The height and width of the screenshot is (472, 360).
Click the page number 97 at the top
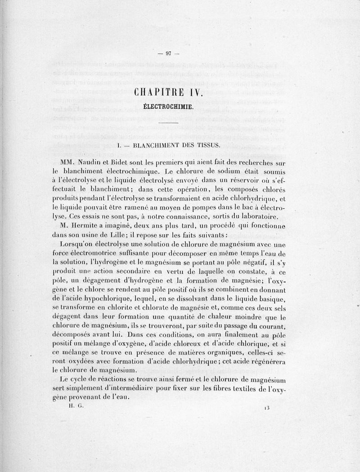point(169,54)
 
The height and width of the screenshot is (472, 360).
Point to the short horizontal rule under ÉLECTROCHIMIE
point(169,123)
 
